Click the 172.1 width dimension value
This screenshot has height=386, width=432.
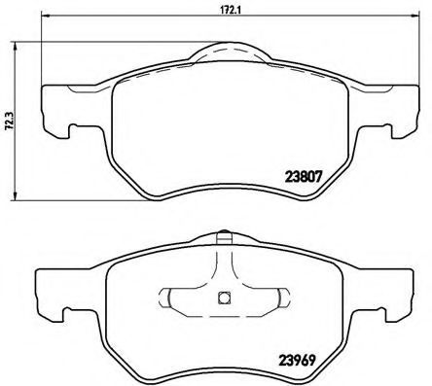230,10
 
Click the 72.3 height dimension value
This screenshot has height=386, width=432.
9,121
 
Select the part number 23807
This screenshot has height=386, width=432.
304,177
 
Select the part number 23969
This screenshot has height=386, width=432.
296,361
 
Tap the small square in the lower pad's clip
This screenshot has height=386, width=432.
224,298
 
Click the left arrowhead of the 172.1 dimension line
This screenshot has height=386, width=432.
46,16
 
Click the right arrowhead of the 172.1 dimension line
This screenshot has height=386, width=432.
415,16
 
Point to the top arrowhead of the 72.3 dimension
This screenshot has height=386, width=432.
15,46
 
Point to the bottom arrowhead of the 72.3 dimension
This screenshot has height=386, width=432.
15,195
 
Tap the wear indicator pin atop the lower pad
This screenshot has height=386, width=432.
224,237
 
